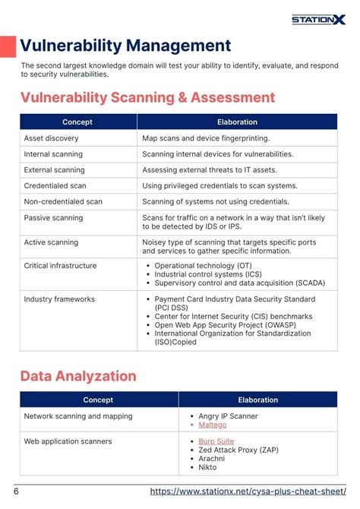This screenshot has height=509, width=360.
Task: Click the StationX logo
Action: (x=318, y=19)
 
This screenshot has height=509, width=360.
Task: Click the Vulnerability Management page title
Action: (x=125, y=46)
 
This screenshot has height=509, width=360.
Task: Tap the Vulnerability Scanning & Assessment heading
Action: (x=147, y=98)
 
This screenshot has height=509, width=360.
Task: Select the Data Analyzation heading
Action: (x=78, y=376)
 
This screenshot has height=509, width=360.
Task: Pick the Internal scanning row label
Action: (x=53, y=154)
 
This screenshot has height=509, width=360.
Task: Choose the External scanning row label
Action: (x=54, y=170)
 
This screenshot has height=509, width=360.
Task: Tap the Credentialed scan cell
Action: (x=55, y=186)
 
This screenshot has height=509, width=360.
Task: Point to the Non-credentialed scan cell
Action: (x=63, y=202)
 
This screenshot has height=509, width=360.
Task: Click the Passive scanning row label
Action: (x=53, y=218)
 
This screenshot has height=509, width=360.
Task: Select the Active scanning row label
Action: (x=51, y=242)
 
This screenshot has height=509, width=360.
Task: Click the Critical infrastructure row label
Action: (x=60, y=266)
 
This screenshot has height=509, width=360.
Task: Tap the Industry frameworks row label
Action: (x=59, y=299)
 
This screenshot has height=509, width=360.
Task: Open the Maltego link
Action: (x=213, y=425)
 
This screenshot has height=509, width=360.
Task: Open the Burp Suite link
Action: (x=216, y=441)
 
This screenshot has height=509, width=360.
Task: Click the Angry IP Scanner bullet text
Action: (x=228, y=416)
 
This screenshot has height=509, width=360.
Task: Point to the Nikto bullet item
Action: (x=207, y=466)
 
